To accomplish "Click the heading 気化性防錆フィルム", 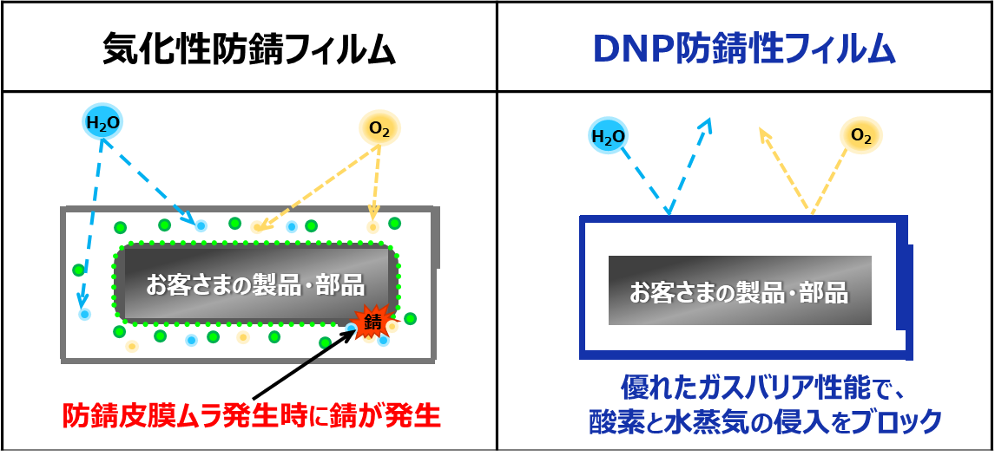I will pyautogui.click(x=249, y=49).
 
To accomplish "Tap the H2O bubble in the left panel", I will pyautogui.click(x=102, y=124).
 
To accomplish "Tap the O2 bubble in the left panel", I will pyautogui.click(x=379, y=129).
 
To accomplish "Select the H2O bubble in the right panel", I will pyautogui.click(x=608, y=135).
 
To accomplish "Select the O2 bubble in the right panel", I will pyautogui.click(x=860, y=135).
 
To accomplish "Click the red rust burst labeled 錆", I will pyautogui.click(x=373, y=321).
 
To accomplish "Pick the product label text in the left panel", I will pyautogui.click(x=254, y=284).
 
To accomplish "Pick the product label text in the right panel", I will pyautogui.click(x=738, y=292).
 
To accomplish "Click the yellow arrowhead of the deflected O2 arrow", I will pyautogui.click(x=763, y=134).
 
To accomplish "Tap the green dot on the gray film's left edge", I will pyautogui.click(x=79, y=270).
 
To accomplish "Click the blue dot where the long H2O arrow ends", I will pyautogui.click(x=84, y=314).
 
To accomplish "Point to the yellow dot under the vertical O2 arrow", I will pyautogui.click(x=372, y=227).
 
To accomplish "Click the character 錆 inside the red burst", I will pyautogui.click(x=373, y=322).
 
